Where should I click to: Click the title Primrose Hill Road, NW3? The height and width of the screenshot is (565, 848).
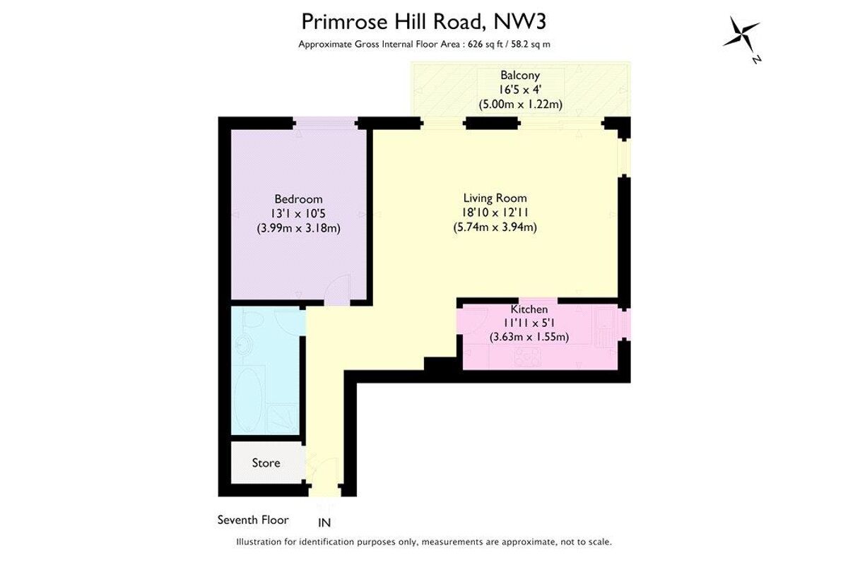[x=423, y=21]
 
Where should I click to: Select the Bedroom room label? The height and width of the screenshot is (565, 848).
[x=298, y=199]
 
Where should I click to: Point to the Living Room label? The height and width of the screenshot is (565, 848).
[x=495, y=198]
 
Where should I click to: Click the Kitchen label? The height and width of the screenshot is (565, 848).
[x=529, y=309]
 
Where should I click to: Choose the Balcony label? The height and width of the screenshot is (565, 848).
[x=520, y=75]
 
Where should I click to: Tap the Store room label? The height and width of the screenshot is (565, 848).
[x=266, y=463]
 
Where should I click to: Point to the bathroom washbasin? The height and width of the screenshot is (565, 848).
[x=245, y=347]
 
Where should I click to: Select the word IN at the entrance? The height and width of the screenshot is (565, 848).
[x=324, y=523]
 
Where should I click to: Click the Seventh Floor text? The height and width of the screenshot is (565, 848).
[x=253, y=520]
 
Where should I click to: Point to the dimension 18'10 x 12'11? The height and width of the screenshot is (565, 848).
[x=495, y=213]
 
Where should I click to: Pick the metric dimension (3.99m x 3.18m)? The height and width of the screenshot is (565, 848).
[x=298, y=228]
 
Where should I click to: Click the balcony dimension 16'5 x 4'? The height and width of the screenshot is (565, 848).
[x=520, y=90]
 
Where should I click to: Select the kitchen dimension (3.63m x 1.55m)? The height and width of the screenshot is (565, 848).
[x=529, y=337]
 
